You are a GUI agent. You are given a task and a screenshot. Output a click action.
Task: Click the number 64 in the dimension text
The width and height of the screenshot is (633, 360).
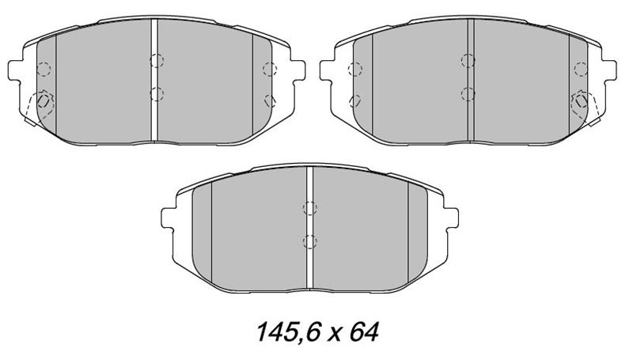[x=364, y=332]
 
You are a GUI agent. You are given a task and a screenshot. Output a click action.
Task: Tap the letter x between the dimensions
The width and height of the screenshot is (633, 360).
[x=334, y=335]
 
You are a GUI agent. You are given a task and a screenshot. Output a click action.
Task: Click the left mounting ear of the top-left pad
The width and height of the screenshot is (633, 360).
[x=15, y=70]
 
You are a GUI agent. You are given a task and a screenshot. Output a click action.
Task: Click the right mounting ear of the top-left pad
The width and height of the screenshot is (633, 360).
[x=298, y=70]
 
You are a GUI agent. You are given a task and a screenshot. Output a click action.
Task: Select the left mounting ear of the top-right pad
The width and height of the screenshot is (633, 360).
[x=327, y=70]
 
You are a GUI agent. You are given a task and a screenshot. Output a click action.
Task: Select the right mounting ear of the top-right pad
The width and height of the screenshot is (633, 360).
[x=609, y=70]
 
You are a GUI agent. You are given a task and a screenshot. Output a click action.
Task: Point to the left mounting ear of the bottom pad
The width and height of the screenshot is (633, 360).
[x=169, y=218]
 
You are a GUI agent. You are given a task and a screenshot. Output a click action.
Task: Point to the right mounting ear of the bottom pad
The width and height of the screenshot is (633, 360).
[x=451, y=218]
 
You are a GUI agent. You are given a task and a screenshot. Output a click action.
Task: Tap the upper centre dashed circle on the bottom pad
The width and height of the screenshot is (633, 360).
[x=309, y=208]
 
